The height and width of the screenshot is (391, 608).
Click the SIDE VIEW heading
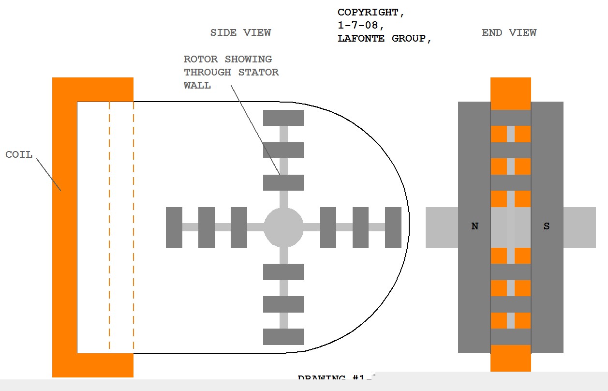coord(240,33)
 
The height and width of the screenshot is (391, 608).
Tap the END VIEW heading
coord(509,33)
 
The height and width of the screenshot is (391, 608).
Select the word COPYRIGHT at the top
coord(368,13)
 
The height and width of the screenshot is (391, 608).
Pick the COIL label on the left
coord(19,155)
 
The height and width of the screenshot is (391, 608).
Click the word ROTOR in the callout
coord(200,59)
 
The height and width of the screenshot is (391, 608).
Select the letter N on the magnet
coord(475,226)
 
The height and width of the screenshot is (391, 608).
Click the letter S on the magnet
coord(547,226)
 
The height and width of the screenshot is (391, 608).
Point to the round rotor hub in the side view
coord(283,227)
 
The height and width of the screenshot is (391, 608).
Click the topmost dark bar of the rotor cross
coord(283,118)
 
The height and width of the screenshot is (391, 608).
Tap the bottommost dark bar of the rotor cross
coord(283,337)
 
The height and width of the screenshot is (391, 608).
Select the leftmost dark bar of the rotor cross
coord(174,227)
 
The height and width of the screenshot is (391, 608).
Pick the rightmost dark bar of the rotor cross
coord(393,227)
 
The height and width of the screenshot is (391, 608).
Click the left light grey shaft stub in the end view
coord(442,227)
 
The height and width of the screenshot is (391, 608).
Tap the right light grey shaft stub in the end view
coord(579,227)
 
